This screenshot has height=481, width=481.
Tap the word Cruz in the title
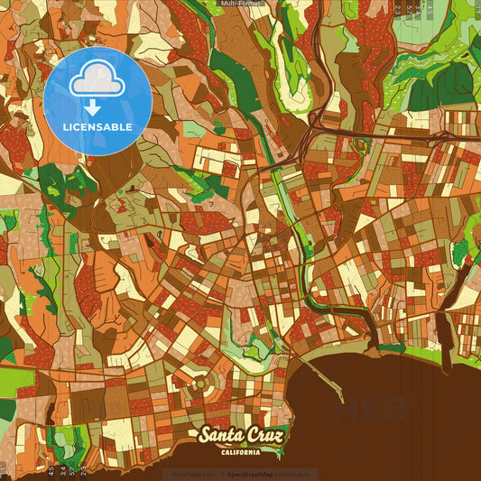[x=265, y=436]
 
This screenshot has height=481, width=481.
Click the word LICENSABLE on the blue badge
[x=97, y=126]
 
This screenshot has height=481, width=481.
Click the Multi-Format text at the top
[x=240, y=4]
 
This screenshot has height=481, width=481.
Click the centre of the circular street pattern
[x=201, y=384]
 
